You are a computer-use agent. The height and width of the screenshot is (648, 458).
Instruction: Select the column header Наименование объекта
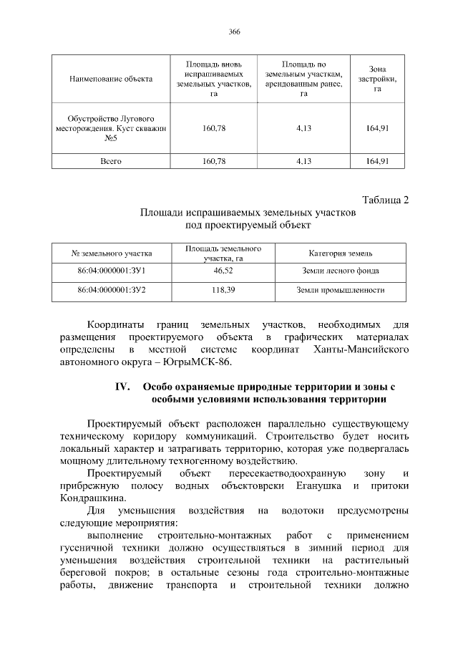click(x=111, y=79)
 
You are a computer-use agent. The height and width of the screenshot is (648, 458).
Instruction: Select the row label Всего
click(x=111, y=161)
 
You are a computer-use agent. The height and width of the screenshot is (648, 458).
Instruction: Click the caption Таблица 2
click(x=385, y=200)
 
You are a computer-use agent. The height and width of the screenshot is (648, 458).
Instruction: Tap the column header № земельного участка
click(x=112, y=253)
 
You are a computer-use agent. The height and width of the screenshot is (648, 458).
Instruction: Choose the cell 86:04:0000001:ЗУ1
click(x=112, y=271)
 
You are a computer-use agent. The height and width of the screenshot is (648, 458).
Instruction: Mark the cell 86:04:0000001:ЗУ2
click(x=112, y=291)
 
